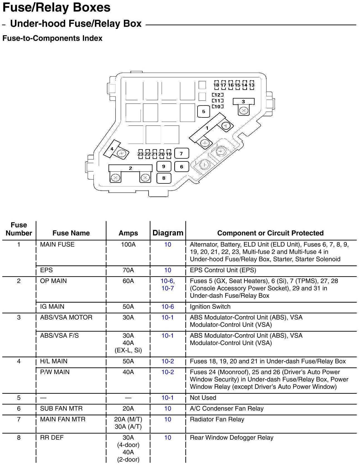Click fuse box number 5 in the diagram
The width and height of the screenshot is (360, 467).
203,112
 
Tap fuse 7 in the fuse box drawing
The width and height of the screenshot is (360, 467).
181,153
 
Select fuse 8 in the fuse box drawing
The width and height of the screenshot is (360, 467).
164,178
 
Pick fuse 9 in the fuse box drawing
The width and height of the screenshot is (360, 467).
164,166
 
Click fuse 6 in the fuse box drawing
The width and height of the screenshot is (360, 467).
181,167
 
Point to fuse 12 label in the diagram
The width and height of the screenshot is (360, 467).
218,95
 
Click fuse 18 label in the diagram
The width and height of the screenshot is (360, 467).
216,85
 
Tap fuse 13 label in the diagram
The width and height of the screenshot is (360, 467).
251,85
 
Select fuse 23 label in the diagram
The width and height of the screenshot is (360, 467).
140,154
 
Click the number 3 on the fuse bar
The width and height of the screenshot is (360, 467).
243,102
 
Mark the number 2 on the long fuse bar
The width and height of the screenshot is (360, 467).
130,168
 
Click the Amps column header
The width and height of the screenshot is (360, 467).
128,233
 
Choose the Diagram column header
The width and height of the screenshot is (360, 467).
168,233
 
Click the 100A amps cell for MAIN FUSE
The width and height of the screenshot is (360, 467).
128,245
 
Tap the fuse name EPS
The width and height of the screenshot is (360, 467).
46,270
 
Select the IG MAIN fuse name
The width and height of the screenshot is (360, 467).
52,307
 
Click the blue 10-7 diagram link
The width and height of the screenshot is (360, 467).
168,288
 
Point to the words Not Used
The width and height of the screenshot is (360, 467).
203,398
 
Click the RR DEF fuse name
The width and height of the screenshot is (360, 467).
52,437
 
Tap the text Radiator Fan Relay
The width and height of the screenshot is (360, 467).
217,419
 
